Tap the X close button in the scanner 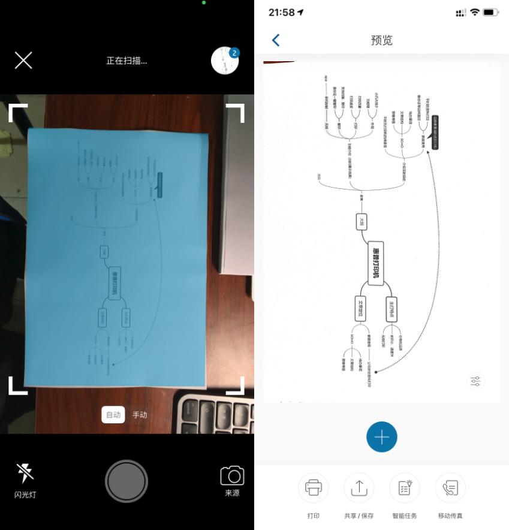[23, 60]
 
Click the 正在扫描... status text [127, 61]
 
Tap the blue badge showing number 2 [234, 53]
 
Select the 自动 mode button [113, 414]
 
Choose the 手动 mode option [140, 414]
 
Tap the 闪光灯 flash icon [25, 474]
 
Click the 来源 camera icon [232, 475]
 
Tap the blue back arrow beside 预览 [276, 40]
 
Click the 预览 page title [382, 40]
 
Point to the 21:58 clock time [281, 12]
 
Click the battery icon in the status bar [491, 12]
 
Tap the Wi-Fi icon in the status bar [475, 12]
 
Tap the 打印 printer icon [314, 487]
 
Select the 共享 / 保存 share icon [359, 487]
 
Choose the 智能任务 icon [404, 487]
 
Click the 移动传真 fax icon [450, 487]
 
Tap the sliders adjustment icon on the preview [475, 381]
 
